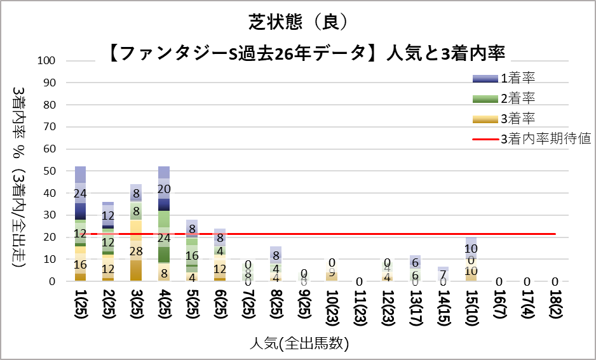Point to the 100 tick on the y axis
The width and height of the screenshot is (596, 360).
(x=48, y=61)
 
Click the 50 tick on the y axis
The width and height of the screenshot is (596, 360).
(x=50, y=171)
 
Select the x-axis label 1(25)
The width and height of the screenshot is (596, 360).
(x=81, y=309)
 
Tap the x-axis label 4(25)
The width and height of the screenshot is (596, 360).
(x=164, y=309)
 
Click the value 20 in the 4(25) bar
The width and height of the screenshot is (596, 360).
(x=164, y=189)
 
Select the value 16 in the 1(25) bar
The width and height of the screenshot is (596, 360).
(x=81, y=265)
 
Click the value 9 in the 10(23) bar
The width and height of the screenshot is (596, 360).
(x=331, y=274)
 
